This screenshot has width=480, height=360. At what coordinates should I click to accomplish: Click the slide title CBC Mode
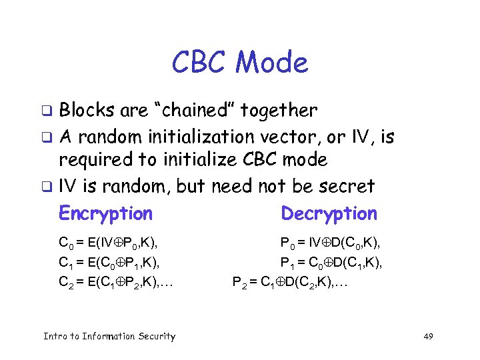(x=240, y=63)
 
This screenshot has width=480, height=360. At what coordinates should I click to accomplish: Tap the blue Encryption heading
(x=105, y=213)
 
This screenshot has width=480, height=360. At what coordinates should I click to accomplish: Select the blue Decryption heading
(x=329, y=213)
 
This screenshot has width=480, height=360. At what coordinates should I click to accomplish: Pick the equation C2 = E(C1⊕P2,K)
(x=116, y=282)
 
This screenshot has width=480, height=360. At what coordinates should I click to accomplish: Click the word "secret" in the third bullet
(x=344, y=186)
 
